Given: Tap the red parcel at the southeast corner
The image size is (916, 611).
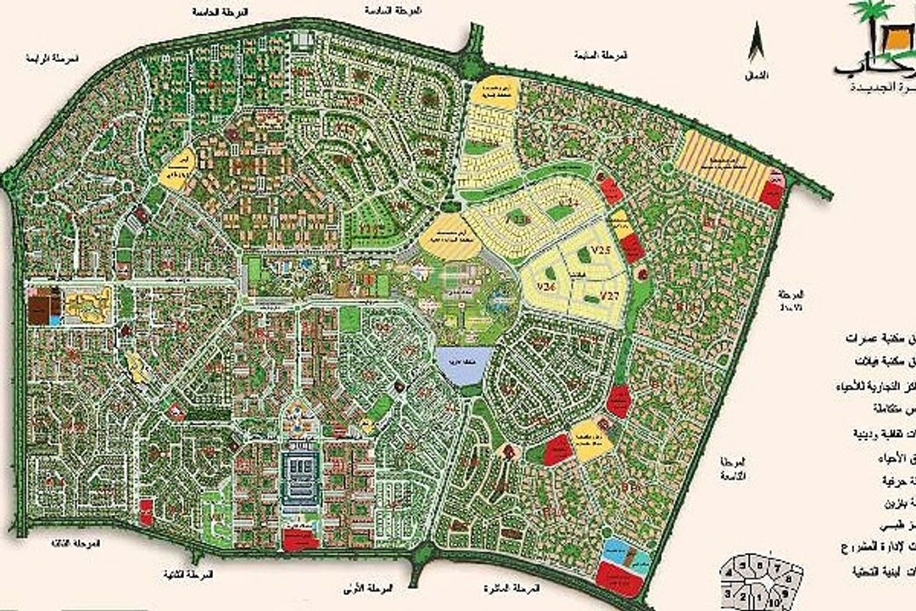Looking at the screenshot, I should (x=617, y=576).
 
